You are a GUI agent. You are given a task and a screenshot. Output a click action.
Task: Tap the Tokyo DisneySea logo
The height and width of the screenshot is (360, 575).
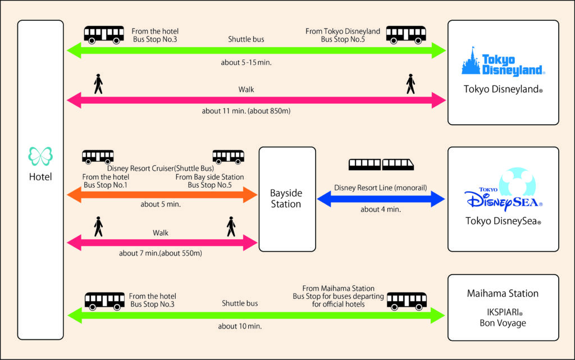[x=502, y=191]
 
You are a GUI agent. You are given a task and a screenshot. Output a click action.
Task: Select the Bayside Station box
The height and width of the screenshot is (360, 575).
[x=286, y=198]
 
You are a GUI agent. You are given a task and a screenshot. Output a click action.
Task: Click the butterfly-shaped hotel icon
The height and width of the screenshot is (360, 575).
[x=40, y=156]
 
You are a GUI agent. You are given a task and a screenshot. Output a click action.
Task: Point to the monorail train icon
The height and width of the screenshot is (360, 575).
[x=382, y=164]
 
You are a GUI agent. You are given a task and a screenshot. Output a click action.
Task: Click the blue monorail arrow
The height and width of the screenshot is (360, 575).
[x=381, y=198]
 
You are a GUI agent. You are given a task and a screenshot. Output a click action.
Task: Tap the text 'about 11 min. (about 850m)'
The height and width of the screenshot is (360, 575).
[x=246, y=111]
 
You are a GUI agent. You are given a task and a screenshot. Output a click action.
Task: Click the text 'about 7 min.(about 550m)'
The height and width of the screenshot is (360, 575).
[x=161, y=253]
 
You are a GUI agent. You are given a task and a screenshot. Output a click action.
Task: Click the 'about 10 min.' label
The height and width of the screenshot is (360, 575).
[x=240, y=326]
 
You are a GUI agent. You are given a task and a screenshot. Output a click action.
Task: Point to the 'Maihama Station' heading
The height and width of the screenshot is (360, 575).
[x=503, y=293]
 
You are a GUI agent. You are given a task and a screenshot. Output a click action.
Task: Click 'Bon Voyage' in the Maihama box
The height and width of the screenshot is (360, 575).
[x=503, y=323]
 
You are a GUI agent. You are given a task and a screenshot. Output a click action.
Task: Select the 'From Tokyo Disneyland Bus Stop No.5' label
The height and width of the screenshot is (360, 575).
[x=343, y=35]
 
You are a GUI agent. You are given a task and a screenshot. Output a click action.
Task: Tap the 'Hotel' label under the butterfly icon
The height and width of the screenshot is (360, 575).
[x=40, y=177]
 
